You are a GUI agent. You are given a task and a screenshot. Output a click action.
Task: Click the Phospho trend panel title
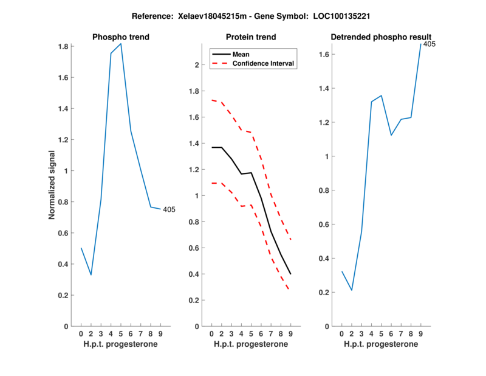[120, 37]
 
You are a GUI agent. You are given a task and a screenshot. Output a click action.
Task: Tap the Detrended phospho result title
[381, 37]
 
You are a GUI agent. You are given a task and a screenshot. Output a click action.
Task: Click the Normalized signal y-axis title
[52, 185]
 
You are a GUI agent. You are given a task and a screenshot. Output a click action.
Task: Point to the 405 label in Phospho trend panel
[169, 210]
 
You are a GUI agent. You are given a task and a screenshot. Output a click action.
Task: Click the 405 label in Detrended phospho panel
[430, 44]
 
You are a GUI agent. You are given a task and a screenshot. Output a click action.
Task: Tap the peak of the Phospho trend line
[121, 44]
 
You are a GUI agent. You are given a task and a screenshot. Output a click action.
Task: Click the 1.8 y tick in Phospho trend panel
[62, 46]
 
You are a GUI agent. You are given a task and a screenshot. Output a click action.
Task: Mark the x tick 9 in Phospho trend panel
[160, 334]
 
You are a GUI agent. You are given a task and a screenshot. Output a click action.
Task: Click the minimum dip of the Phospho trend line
[91, 274]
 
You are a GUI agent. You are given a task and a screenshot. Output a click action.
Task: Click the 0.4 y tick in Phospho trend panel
[62, 264]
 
